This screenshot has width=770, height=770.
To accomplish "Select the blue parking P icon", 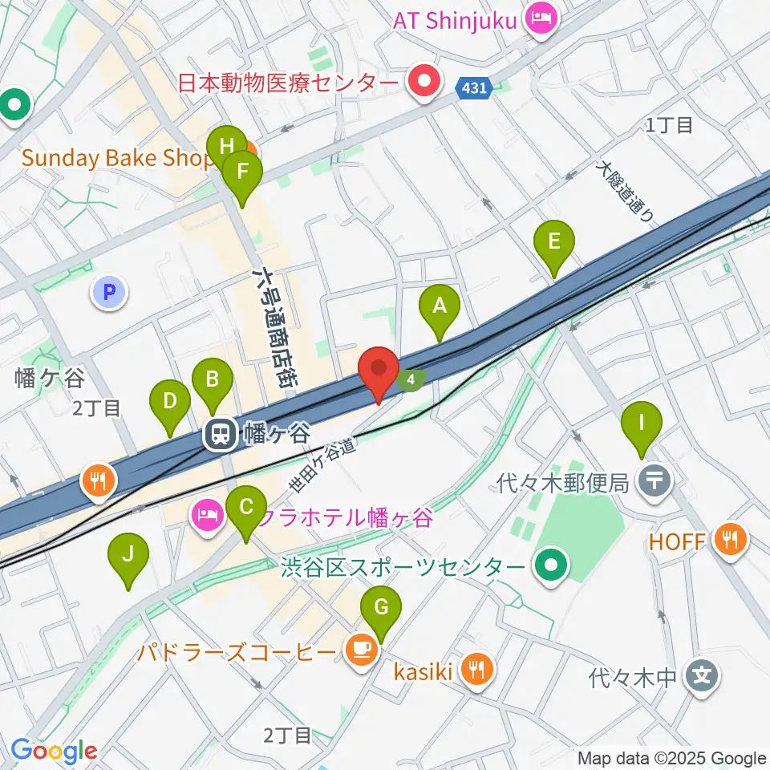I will tap(109, 292).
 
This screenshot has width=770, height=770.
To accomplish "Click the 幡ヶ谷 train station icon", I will tap(218, 436).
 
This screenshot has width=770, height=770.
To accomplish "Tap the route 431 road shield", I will tap(474, 87).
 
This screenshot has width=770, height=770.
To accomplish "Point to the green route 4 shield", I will tap(411, 379).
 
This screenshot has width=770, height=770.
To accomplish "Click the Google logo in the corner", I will tap(54, 751).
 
